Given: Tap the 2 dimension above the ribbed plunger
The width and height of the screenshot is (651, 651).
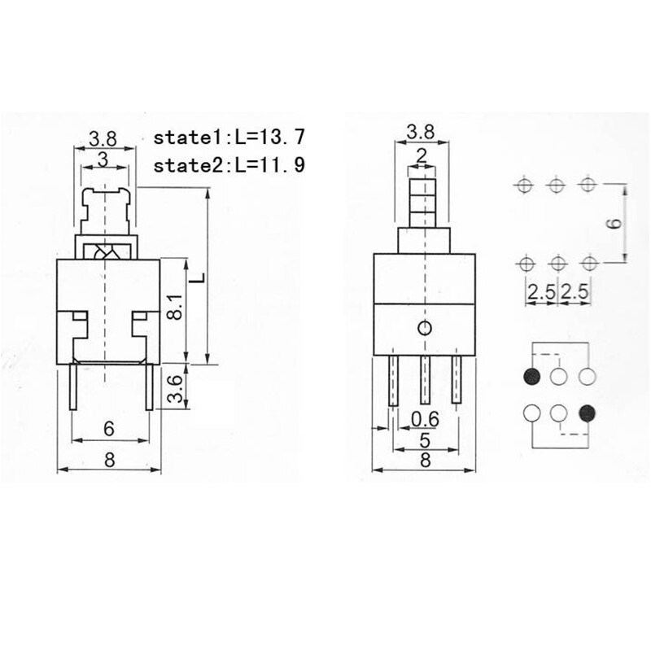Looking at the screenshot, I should (x=421, y=155).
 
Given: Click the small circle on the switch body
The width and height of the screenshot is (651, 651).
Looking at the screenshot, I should (x=424, y=329).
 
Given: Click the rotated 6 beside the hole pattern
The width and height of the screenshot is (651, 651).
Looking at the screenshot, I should (x=616, y=223).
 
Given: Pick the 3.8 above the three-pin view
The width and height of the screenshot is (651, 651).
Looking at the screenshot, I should (x=421, y=131).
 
